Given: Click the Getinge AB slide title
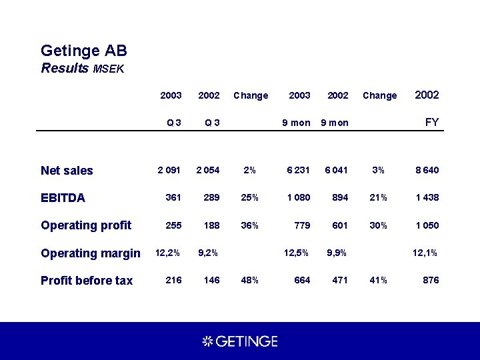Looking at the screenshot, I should click(84, 51).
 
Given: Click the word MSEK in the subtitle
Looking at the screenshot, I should click(109, 69).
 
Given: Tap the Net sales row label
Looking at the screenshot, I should click(67, 171).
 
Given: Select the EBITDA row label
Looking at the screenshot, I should click(63, 198).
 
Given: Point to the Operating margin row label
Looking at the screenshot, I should click(90, 253).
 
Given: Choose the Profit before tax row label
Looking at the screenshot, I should click(87, 281).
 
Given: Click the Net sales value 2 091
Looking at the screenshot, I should click(169, 170).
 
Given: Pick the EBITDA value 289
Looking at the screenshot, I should click(211, 197).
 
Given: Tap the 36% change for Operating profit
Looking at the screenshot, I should click(250, 225).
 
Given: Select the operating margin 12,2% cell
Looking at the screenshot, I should click(167, 253).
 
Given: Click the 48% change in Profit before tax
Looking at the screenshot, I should click(250, 280).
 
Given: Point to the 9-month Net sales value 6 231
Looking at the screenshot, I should click(299, 170).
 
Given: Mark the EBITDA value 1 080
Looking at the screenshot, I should click(298, 197).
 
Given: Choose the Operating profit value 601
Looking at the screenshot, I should click(339, 225).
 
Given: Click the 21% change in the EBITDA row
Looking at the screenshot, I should click(379, 197).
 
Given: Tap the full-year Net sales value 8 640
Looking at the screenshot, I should click(427, 170).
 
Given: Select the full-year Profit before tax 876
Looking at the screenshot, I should click(431, 280).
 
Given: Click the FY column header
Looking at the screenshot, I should click(431, 123).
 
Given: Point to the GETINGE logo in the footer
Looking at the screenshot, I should click(240, 341).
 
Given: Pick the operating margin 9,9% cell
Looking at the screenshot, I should click(337, 253).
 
